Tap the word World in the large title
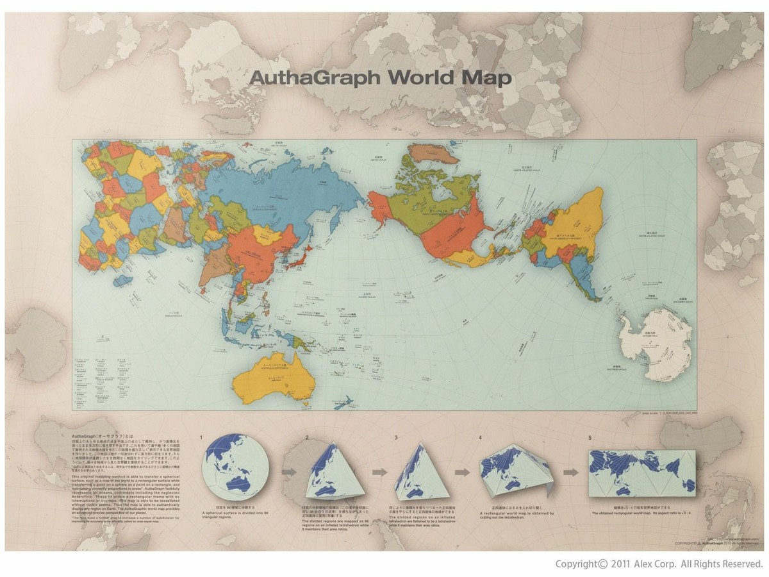427,78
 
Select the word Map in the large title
490,78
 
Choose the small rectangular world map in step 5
641,471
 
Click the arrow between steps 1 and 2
290,472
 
